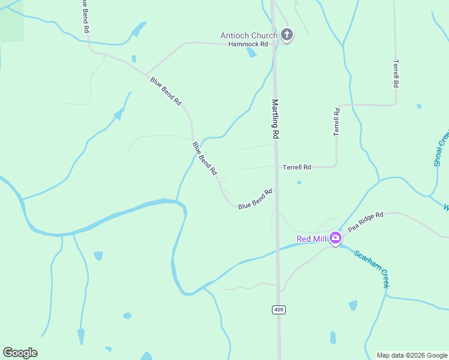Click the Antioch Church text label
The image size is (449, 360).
(x=249, y=35)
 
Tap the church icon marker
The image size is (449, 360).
(x=287, y=35)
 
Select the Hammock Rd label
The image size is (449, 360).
(x=248, y=44)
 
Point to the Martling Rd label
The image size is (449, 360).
(x=276, y=119)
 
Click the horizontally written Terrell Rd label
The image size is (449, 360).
(x=297, y=167)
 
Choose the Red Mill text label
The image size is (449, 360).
(x=312, y=239)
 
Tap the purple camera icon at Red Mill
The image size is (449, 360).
(x=336, y=238)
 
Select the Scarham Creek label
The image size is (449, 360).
(x=372, y=269)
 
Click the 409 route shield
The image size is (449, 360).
(x=278, y=310)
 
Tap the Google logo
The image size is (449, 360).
(x=20, y=353)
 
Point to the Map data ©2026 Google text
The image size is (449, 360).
(x=411, y=355)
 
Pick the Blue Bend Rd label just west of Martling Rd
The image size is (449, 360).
(x=255, y=199)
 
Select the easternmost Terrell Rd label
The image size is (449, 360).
(x=396, y=74)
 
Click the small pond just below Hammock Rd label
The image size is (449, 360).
(x=252, y=53)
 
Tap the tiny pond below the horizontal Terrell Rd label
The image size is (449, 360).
(x=299, y=182)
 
